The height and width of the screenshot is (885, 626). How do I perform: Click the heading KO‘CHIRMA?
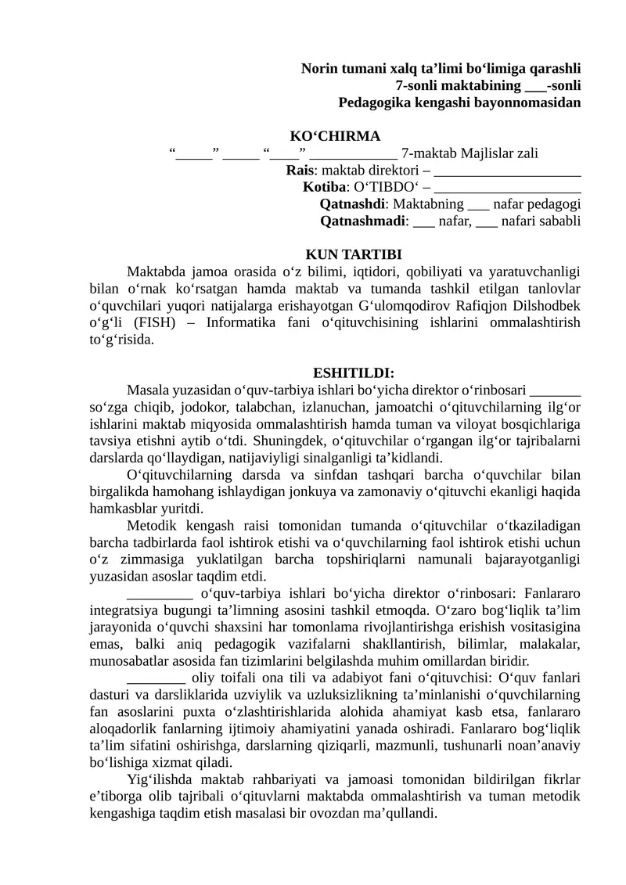[x=336, y=136]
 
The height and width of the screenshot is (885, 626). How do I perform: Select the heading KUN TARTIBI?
[x=353, y=254]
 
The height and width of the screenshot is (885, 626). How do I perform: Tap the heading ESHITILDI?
[x=353, y=372]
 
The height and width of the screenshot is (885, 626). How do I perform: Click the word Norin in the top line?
[x=319, y=69]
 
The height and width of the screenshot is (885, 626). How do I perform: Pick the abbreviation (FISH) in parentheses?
[x=154, y=323]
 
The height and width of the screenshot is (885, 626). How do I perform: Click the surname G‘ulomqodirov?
[x=401, y=306]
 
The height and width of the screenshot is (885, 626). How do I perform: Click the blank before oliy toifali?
[x=156, y=678]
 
